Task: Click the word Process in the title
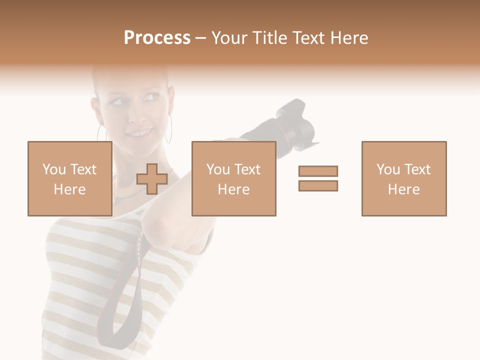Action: coord(157,37)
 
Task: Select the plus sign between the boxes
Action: coord(151,179)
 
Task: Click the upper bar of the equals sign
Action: coord(318,171)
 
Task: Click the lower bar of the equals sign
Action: coord(318,186)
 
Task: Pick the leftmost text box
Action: coord(69,178)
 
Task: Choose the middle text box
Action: coord(233,178)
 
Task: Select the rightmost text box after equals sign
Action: coord(403,178)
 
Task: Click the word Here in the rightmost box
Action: coord(403,189)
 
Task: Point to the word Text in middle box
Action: coord(247,169)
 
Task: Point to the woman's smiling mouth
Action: coord(141,133)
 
